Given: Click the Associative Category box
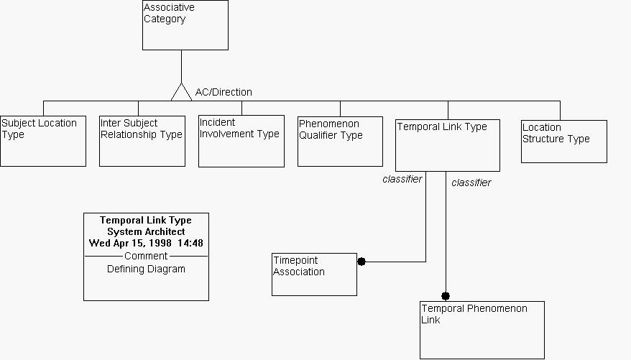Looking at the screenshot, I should point(185,25).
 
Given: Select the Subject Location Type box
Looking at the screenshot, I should point(43,141).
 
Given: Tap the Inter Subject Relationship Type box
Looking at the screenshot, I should point(142,141).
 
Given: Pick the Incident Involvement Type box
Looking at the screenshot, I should point(241,141).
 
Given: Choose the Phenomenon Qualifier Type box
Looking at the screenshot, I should point(340,141).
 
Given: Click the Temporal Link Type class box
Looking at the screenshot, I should point(447,145).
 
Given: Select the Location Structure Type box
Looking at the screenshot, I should point(563,142).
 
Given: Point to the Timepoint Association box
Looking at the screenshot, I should point(314,274).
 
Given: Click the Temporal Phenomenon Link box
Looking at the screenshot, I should point(482,330).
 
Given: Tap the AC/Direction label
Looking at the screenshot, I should point(224,92).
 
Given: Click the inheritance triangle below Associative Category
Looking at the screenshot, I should point(181,91).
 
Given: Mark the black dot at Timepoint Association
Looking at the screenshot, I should point(361,262).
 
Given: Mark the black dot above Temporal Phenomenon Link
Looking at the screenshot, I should point(446,296).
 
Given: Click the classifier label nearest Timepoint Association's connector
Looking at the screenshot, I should point(402,179).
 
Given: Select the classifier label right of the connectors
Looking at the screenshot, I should point(471,183).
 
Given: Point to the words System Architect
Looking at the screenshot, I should point(146,231).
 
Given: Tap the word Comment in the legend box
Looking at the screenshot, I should point(146,256).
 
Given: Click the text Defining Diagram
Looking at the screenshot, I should point(146,269).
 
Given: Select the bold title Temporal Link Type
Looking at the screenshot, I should point(146,220).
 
